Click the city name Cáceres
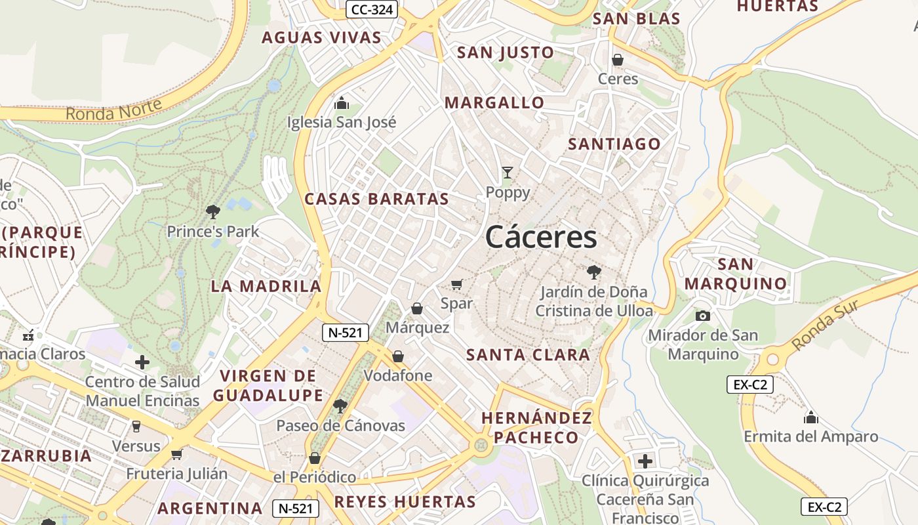[541, 237]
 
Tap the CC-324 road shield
[372, 9]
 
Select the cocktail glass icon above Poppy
[507, 173]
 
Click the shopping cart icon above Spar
[457, 284]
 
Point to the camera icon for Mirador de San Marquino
[703, 316]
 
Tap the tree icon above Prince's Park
[212, 211]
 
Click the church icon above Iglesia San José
[341, 103]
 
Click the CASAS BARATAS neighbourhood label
[376, 199]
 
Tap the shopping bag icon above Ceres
[617, 60]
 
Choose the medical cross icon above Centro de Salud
[142, 362]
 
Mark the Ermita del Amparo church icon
[811, 417]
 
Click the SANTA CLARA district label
[528, 355]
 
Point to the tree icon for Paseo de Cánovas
[340, 406]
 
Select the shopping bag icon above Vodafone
[398, 356]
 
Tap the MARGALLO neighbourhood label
[494, 102]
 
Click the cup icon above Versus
[136, 427]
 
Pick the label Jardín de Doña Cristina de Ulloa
[594, 301]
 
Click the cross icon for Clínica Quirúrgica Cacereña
[645, 461]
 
